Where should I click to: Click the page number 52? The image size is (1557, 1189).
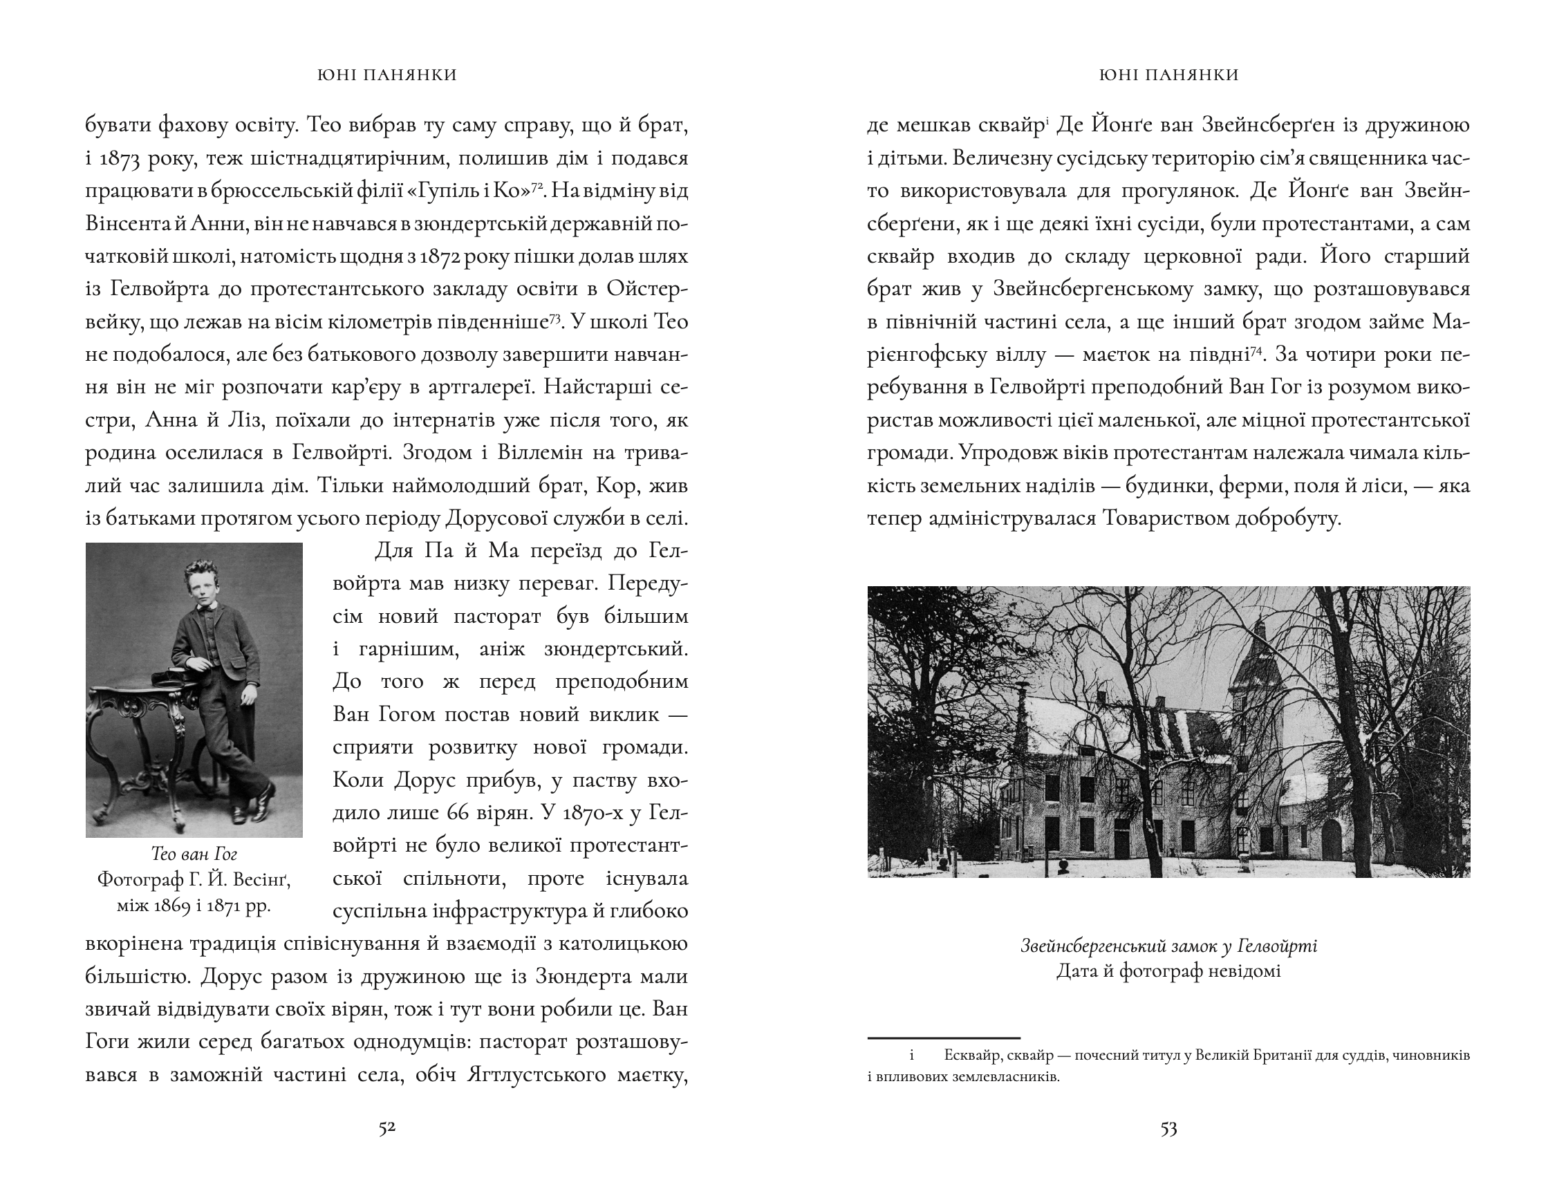pyautogui.click(x=386, y=1128)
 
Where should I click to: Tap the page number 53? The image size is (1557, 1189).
pyautogui.click(x=1168, y=1128)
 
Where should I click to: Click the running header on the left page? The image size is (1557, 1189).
pyautogui.click(x=387, y=75)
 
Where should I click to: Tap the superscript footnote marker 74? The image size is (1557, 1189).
pyautogui.click(x=1256, y=350)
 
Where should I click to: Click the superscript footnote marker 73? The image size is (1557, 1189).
pyautogui.click(x=556, y=317)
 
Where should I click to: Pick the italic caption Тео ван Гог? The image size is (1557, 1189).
pyautogui.click(x=194, y=854)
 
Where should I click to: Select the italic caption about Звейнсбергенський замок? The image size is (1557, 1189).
pyautogui.click(x=1168, y=946)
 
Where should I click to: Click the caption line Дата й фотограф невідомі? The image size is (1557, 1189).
pyautogui.click(x=1168, y=971)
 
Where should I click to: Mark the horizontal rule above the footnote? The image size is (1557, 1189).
pyautogui.click(x=944, y=1038)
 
